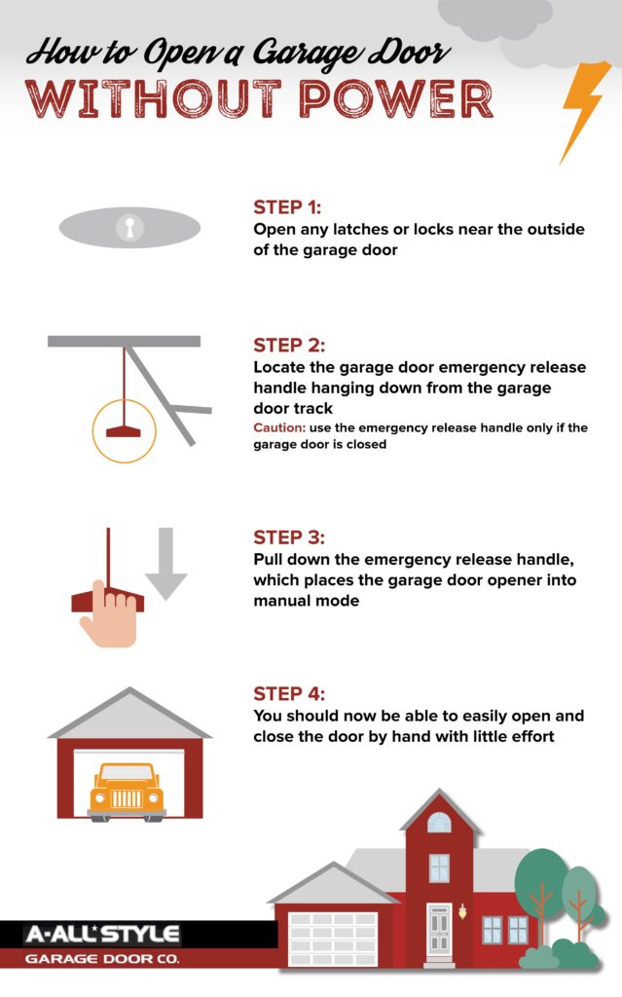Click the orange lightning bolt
point(584,108)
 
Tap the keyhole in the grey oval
point(129,227)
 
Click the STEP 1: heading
point(287,207)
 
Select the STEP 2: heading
point(289,346)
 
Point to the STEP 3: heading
point(289,537)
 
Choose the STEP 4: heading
point(289,693)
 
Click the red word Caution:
point(279,427)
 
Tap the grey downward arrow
point(166,564)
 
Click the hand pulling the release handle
point(109,613)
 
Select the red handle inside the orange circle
point(124,431)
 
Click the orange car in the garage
point(127,791)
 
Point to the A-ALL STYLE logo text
point(102,934)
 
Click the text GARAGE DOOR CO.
point(102,959)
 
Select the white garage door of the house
point(333,940)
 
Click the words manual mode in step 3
point(307,601)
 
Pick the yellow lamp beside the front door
point(462,911)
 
